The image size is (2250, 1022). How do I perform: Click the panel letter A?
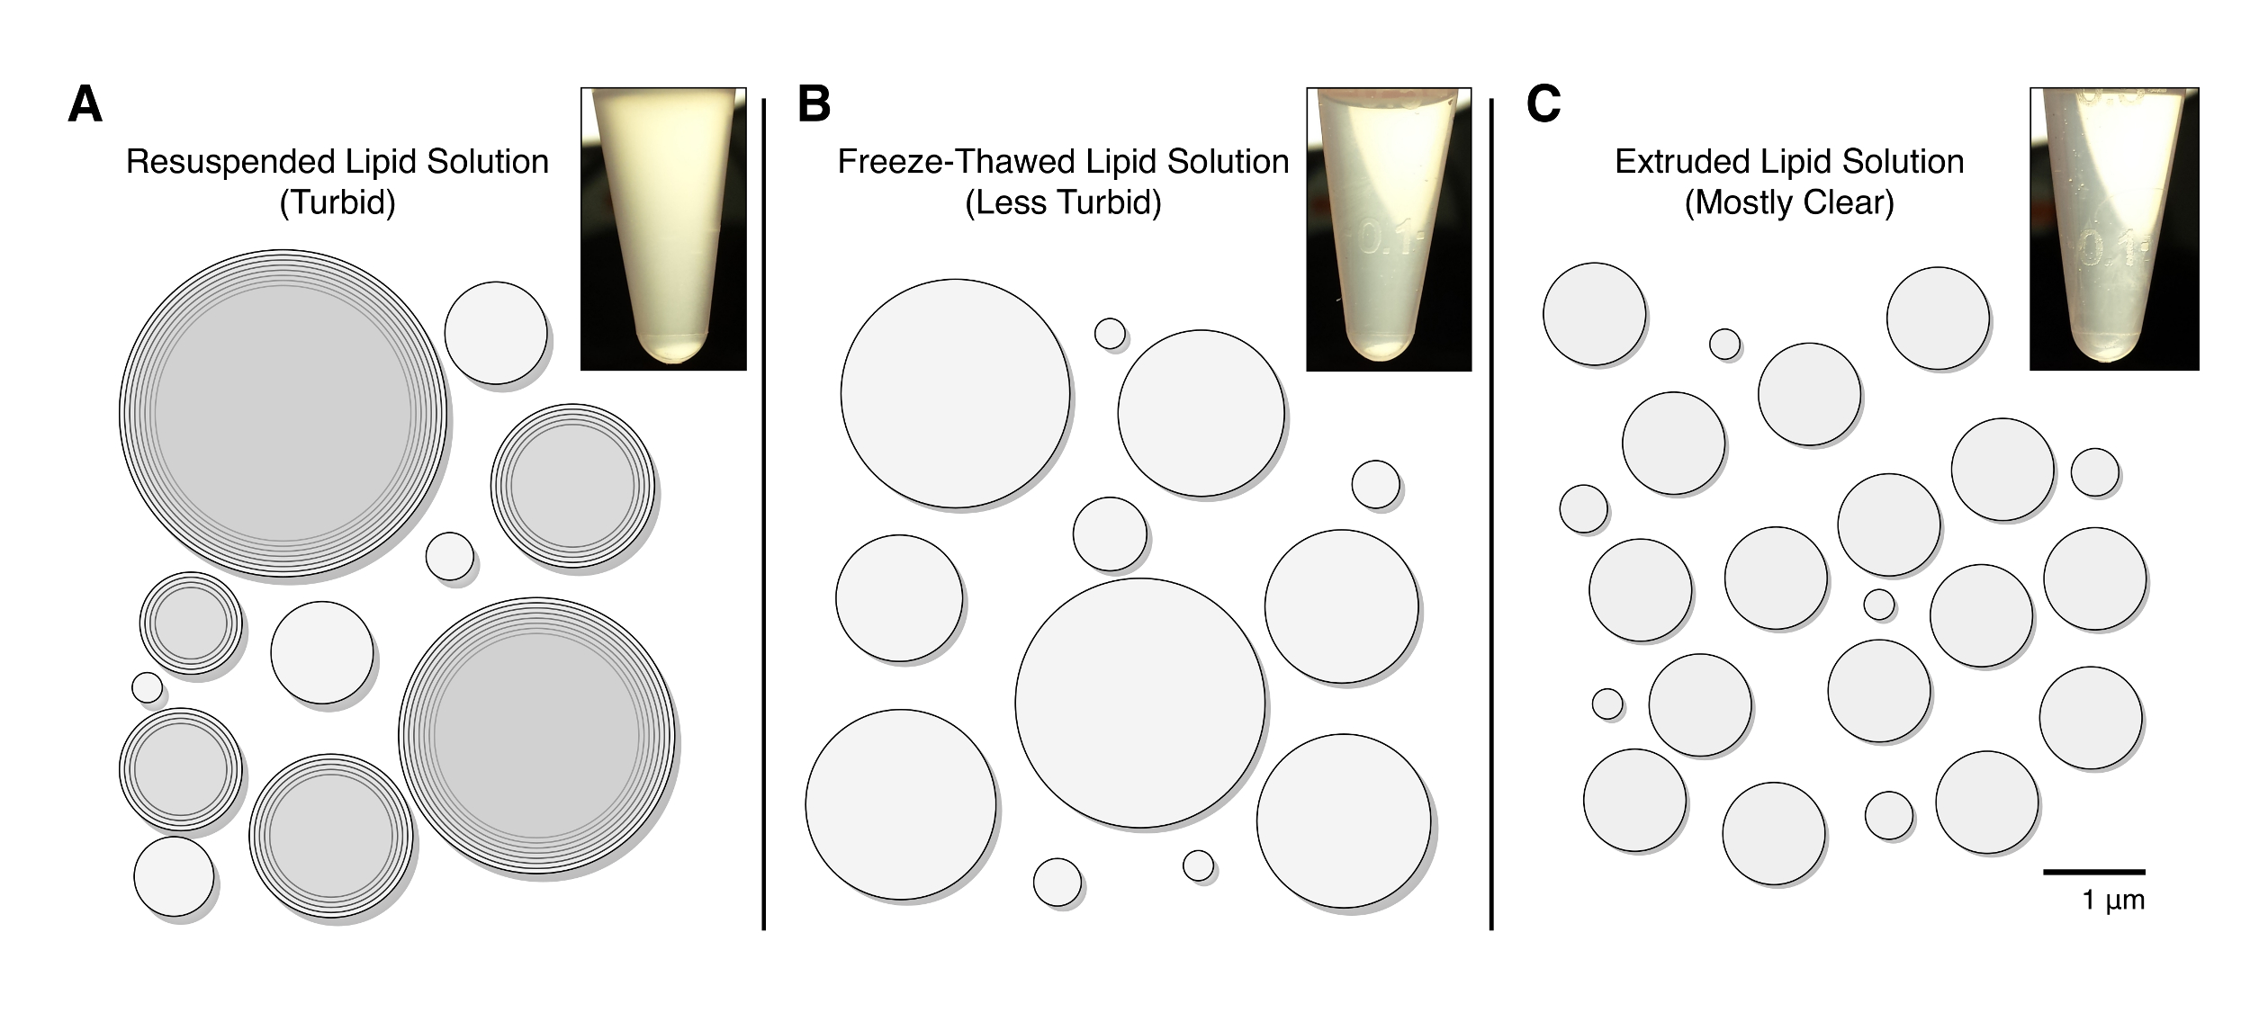click(x=85, y=104)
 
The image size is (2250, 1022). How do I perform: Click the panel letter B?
click(x=814, y=104)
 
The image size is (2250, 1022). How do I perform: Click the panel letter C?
click(x=1543, y=104)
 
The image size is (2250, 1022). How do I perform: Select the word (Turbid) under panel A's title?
click(x=337, y=202)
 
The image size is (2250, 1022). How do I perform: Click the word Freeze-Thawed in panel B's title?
click(x=956, y=162)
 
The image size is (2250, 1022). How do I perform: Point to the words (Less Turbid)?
click(x=1063, y=202)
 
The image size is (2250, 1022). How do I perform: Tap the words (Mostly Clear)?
click(x=1789, y=202)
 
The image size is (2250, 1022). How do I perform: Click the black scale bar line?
click(x=2093, y=871)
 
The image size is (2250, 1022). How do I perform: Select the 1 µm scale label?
click(x=2112, y=901)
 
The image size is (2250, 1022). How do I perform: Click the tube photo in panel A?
click(x=663, y=229)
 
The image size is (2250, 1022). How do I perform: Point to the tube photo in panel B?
click(x=1389, y=229)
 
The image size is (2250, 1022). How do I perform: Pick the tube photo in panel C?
click(x=2114, y=229)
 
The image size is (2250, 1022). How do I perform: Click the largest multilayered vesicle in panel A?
click(x=283, y=413)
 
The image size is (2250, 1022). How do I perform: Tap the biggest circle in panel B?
click(x=1139, y=703)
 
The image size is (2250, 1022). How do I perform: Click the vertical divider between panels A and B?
click(x=763, y=513)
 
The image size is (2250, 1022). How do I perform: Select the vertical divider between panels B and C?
click(x=1491, y=513)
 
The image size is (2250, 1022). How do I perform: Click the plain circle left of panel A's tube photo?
click(x=496, y=333)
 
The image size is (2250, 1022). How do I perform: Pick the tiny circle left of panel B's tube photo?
click(x=1110, y=333)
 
